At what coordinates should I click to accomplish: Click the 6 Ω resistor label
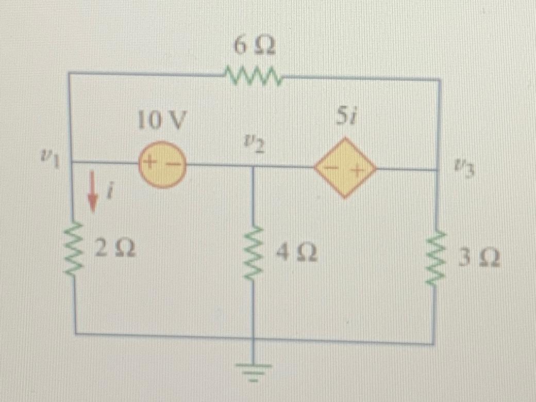click(x=254, y=47)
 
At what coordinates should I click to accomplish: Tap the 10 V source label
click(x=161, y=122)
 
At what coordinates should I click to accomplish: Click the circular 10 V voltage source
click(x=162, y=165)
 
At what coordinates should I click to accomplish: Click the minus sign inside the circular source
click(x=172, y=165)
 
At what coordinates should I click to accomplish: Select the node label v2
click(x=255, y=145)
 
